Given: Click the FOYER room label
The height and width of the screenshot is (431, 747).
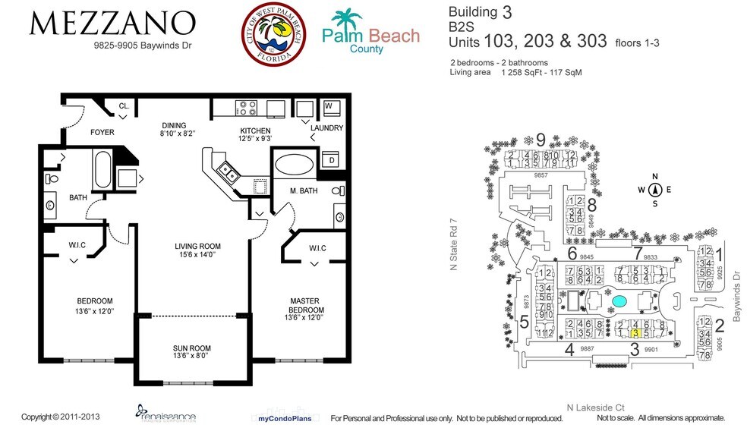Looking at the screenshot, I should [102, 133].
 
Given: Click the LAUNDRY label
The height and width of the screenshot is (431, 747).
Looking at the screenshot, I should [326, 128].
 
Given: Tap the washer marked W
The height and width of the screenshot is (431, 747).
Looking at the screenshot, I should [329, 105].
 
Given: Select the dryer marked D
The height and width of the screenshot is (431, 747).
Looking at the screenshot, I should [332, 160].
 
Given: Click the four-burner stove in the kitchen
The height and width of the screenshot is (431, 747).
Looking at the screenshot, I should [248, 109].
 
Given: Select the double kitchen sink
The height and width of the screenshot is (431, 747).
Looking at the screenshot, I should [225, 173].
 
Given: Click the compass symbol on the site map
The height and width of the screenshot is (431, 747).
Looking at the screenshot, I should [655, 190].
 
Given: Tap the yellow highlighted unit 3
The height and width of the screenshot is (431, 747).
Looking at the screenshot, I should [637, 332].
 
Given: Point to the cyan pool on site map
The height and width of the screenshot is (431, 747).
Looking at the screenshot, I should [619, 301].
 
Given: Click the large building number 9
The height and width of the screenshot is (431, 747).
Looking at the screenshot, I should [541, 140].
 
